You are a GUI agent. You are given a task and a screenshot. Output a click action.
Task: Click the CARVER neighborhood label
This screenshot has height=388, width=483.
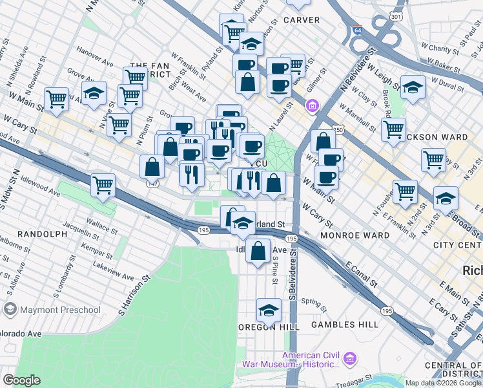[301, 20]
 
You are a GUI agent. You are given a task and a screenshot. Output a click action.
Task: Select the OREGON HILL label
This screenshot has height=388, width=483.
[269, 327]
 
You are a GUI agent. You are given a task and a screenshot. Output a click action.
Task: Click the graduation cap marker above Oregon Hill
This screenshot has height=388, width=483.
[269, 310]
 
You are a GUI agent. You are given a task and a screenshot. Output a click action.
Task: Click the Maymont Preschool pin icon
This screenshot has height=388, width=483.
[10, 310]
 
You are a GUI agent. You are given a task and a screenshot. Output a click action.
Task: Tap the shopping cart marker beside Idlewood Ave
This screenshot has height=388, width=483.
[103, 185]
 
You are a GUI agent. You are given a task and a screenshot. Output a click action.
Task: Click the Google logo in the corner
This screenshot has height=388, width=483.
[21, 380]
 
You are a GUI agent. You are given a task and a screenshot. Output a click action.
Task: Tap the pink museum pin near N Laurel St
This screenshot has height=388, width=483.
[313, 105]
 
